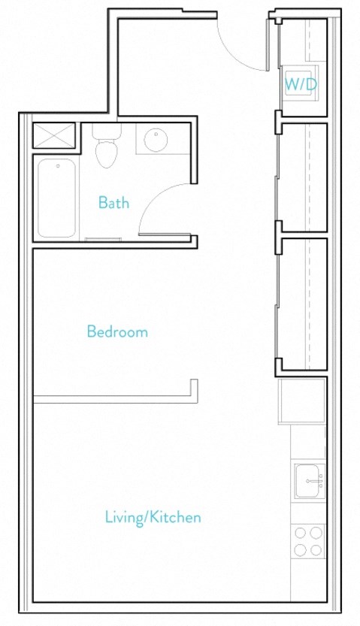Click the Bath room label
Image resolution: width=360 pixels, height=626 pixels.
[113, 202]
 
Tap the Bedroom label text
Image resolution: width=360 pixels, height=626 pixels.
[117, 331]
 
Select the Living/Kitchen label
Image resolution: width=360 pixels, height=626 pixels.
[153, 517]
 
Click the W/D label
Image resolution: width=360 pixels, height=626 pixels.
[301, 85]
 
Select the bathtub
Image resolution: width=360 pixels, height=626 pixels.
[57, 198]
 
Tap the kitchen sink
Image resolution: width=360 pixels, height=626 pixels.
[309, 481]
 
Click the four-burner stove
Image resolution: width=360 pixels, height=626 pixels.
[308, 541]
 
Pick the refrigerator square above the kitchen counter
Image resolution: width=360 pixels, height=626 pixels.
[302, 401]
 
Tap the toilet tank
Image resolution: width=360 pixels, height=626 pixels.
[107, 132]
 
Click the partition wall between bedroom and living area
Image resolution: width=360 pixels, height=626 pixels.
[113, 399]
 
